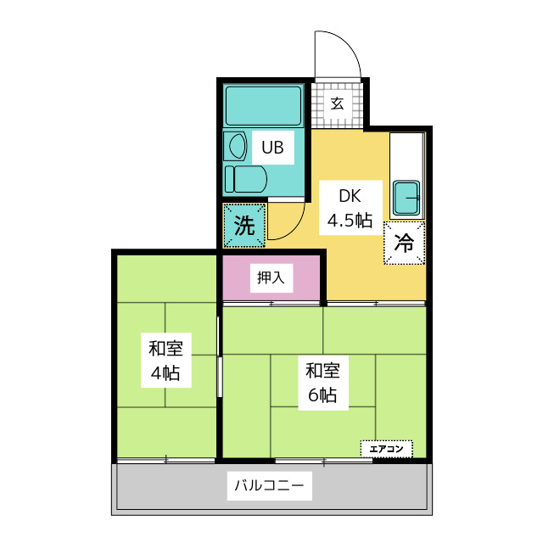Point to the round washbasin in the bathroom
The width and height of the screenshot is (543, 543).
(x=236, y=145)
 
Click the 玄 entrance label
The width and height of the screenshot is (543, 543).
(x=337, y=104)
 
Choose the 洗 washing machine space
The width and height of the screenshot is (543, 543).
(x=244, y=226)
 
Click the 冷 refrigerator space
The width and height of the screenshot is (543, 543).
(x=404, y=244)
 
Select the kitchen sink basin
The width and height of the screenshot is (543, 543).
(x=407, y=199)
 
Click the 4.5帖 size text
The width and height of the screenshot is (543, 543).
(x=350, y=221)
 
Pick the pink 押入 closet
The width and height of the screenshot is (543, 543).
(x=271, y=276)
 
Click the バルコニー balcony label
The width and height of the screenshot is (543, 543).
(x=271, y=487)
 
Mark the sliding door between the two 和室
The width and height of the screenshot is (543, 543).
(x=220, y=373)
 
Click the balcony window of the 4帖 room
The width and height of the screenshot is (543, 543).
(x=165, y=460)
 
